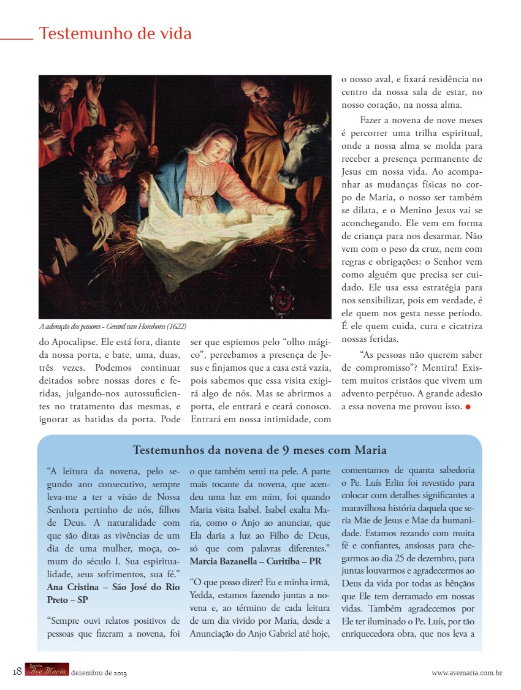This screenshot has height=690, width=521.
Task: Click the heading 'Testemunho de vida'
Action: point(115,33)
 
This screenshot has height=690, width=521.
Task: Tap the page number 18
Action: point(17,672)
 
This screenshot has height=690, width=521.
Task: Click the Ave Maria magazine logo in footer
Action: point(47,671)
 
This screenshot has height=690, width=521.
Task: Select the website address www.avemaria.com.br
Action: point(467,673)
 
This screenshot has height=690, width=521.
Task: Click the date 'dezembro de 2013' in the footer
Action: point(99,673)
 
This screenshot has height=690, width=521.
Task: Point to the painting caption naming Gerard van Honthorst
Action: point(113,327)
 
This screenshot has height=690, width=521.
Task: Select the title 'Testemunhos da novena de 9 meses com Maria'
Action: point(259,450)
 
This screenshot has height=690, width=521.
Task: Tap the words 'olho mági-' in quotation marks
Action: point(307,343)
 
